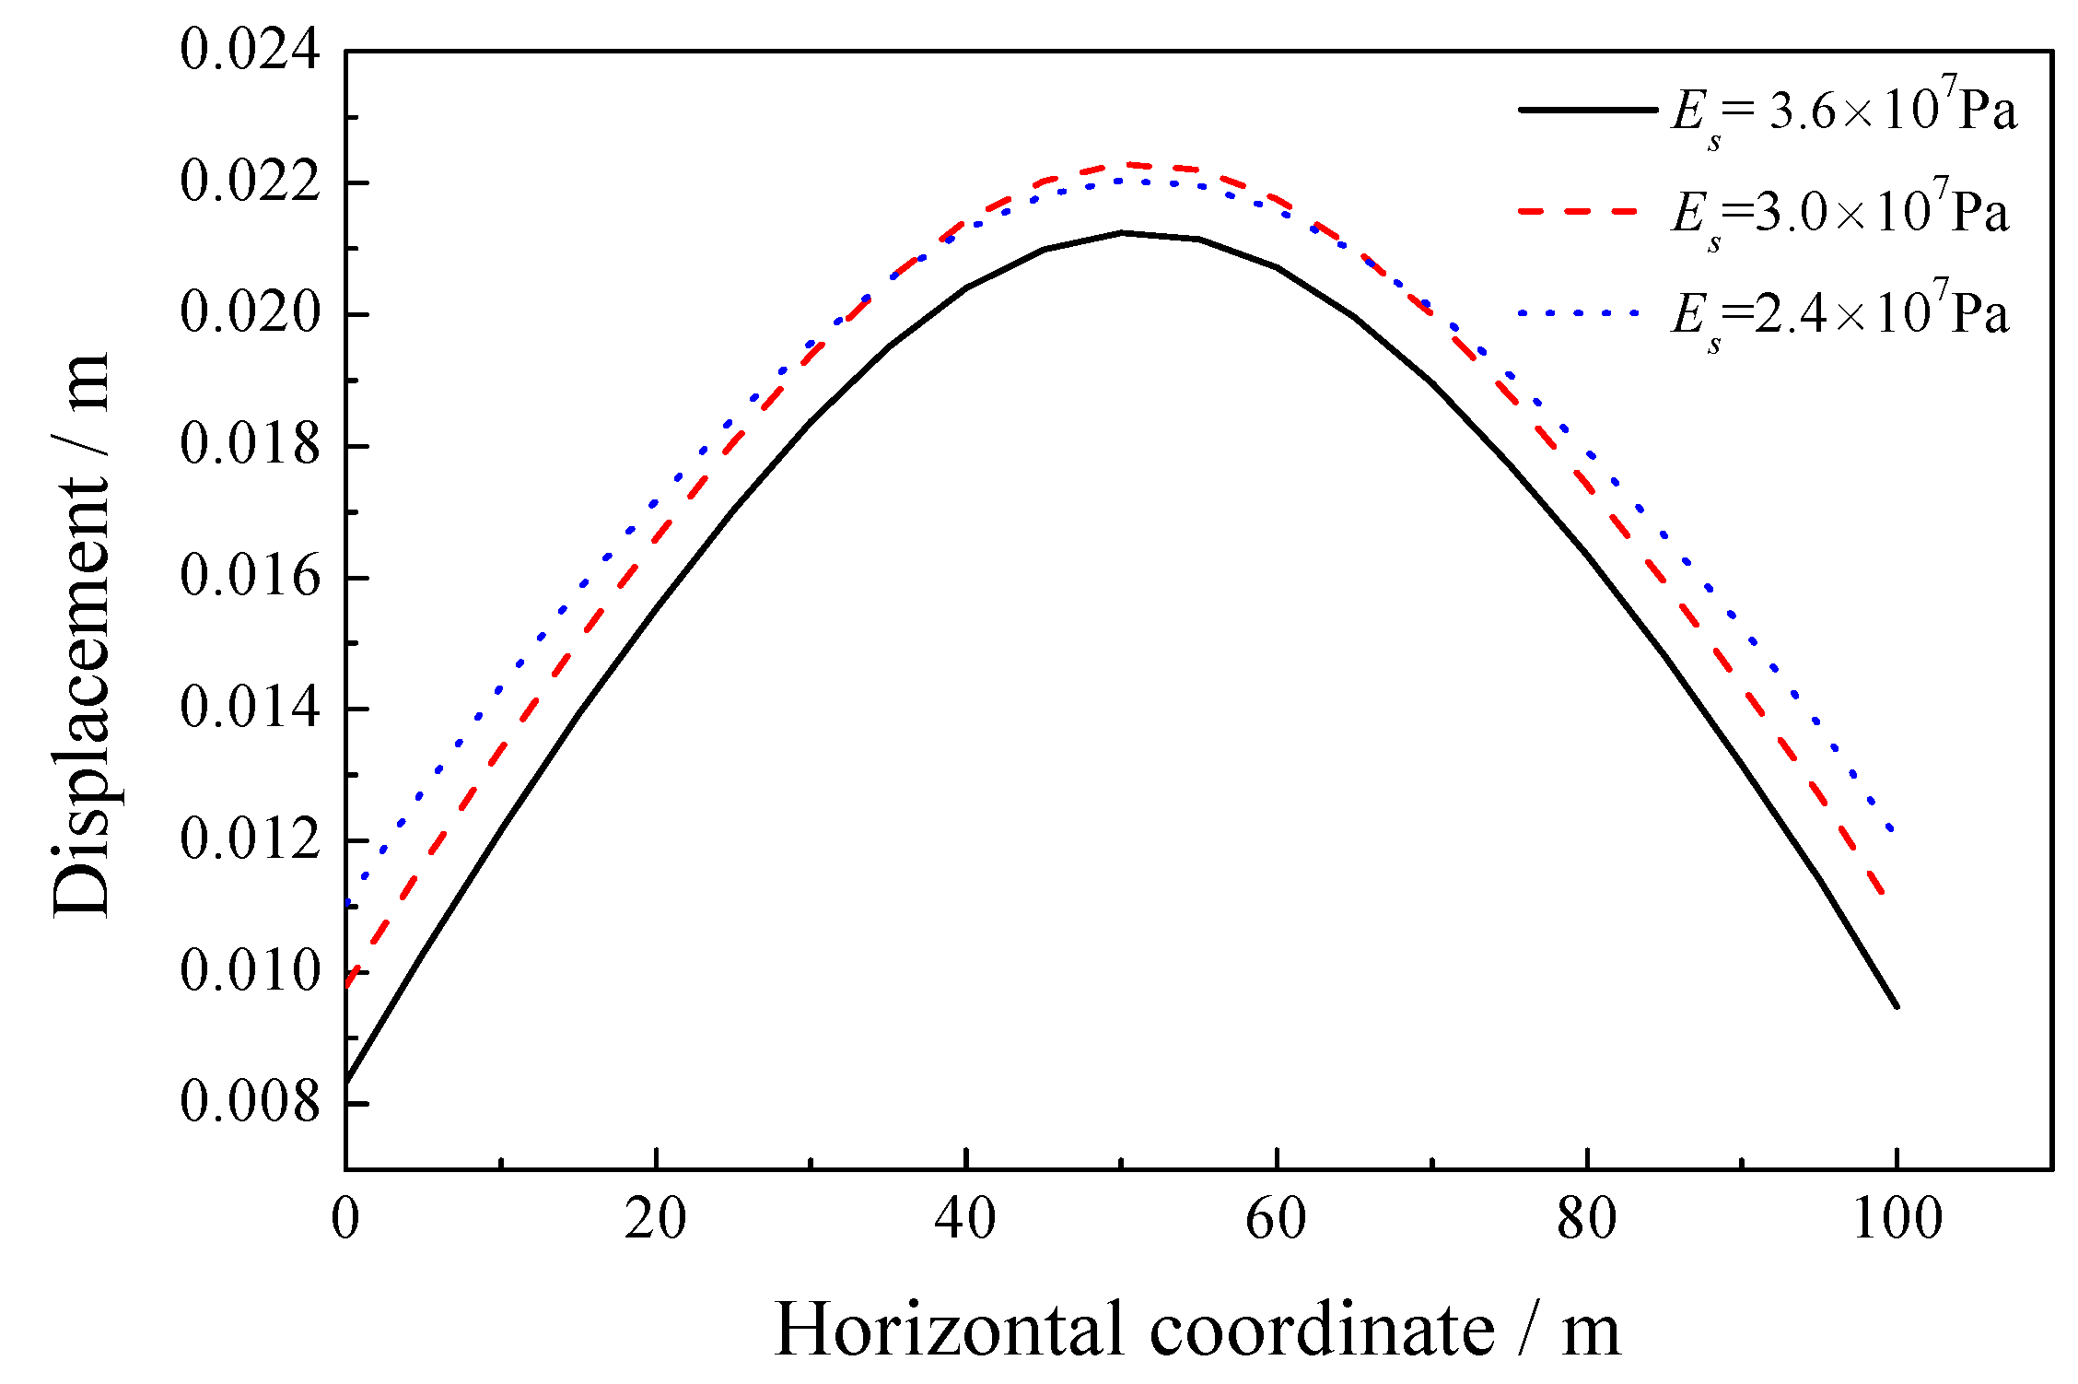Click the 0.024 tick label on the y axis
[250, 50]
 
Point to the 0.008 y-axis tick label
[250, 1101]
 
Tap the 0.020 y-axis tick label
[250, 313]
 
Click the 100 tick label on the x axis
[1897, 1218]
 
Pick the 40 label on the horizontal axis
[964, 1218]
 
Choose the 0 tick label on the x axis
[345, 1218]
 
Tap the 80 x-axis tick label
[1586, 1218]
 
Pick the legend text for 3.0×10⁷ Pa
[1839, 214]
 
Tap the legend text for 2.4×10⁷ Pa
[1839, 315]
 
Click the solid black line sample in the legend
[1587, 110]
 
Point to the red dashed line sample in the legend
[1578, 211]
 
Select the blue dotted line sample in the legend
[1578, 313]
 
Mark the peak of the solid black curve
[1122, 232]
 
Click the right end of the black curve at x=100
[1897, 1006]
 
